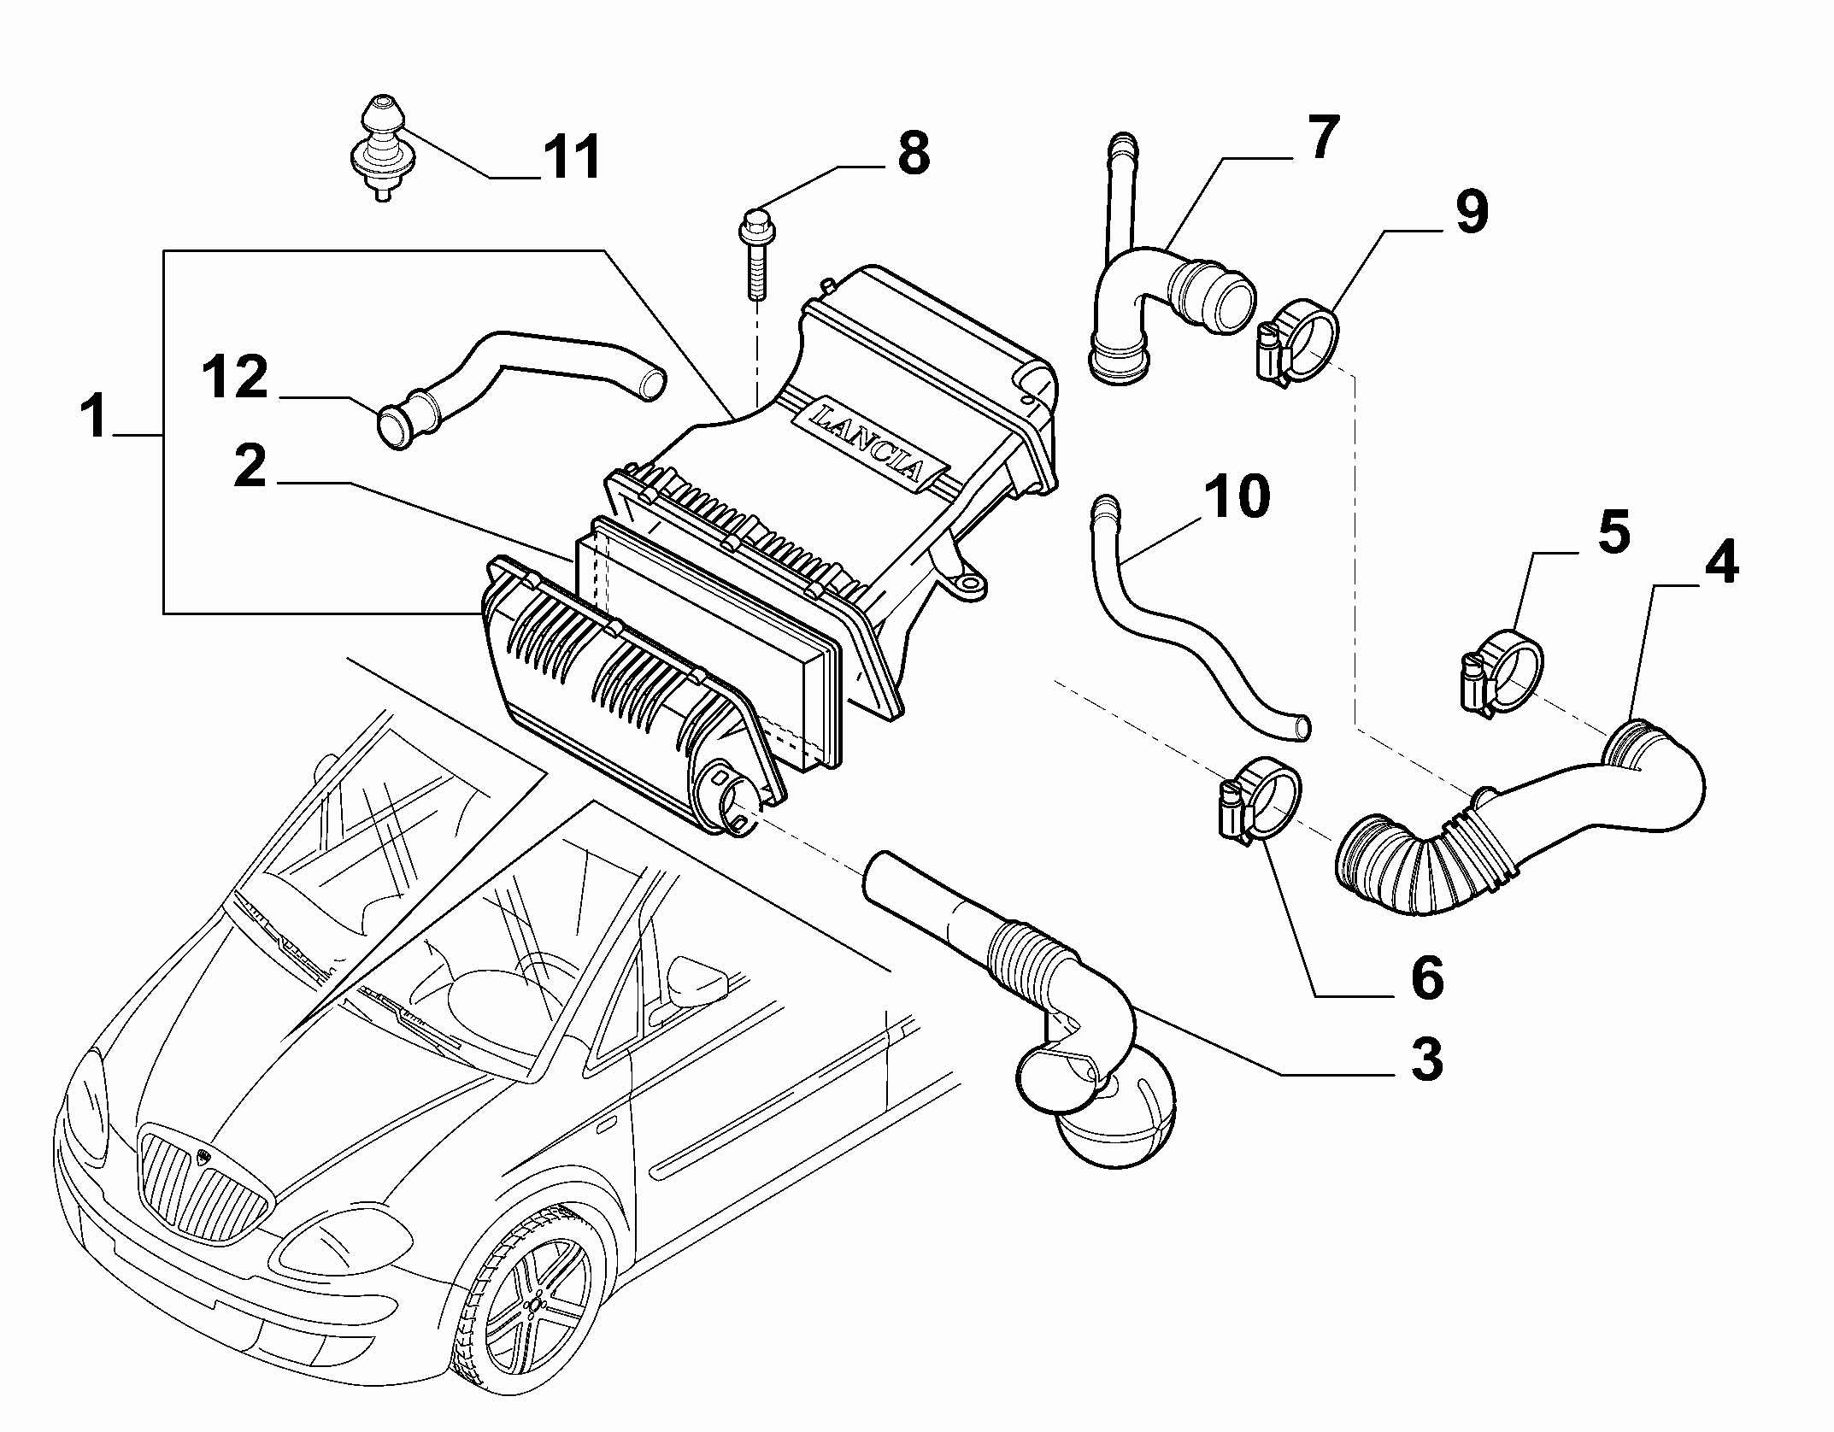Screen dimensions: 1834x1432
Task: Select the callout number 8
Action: (913, 155)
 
